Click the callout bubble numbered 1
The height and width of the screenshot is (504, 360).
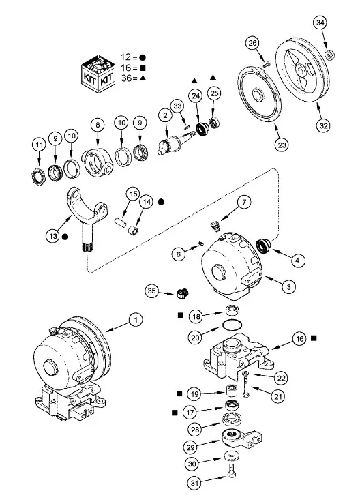coord(135,318)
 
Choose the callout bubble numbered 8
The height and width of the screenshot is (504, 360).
coord(98,125)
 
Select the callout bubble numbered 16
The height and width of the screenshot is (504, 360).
coord(300,338)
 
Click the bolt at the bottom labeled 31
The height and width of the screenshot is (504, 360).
coord(232,473)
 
